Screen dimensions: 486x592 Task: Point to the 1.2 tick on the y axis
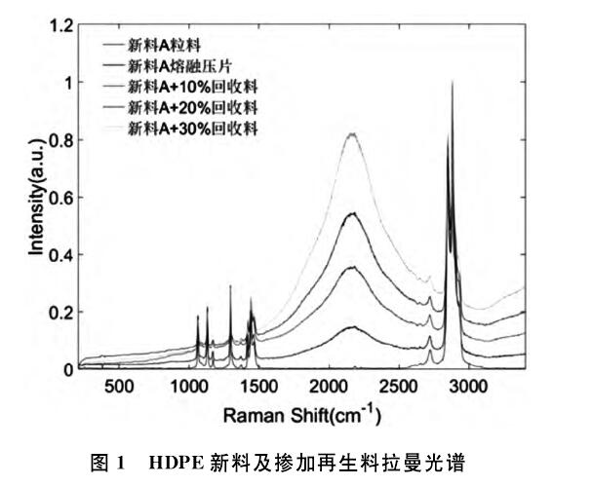[61, 26]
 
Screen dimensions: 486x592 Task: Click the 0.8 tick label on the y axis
[61, 141]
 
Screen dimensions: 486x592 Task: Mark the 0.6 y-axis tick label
[61, 199]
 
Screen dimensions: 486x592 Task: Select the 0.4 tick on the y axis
[61, 256]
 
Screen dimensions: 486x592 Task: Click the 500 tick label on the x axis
[118, 387]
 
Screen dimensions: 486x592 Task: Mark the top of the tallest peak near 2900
[453, 84]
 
